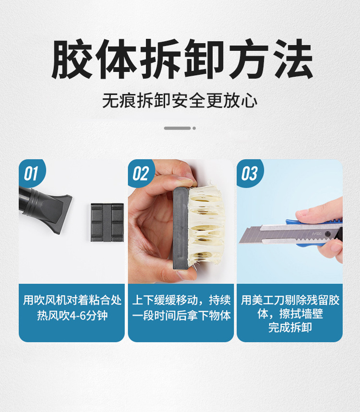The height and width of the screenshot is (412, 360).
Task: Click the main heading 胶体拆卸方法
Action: pyautogui.click(x=182, y=59)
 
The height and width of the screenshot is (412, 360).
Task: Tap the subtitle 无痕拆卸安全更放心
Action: pyautogui.click(x=180, y=101)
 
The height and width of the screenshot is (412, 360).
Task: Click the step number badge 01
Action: pyautogui.click(x=31, y=174)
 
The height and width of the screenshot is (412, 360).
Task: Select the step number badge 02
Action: pyautogui.click(x=141, y=174)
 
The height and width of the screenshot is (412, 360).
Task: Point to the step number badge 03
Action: pyautogui.click(x=249, y=174)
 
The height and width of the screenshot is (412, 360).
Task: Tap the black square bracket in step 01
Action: pyautogui.click(x=108, y=222)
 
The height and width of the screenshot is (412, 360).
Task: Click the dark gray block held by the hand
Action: pyautogui.click(x=180, y=227)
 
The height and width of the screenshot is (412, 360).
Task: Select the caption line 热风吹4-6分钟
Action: pyautogui.click(x=72, y=315)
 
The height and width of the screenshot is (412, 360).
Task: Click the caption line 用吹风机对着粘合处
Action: pyautogui.click(x=72, y=300)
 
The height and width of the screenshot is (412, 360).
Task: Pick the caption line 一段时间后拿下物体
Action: pyautogui.click(x=181, y=315)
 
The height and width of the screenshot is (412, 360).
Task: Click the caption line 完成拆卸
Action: pyautogui.click(x=290, y=328)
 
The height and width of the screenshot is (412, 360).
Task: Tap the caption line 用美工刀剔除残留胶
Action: pyautogui.click(x=290, y=300)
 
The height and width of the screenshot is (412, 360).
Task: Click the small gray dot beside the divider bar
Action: pyautogui.click(x=194, y=128)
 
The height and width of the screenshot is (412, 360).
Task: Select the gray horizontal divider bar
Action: pyautogui.click(x=178, y=128)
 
